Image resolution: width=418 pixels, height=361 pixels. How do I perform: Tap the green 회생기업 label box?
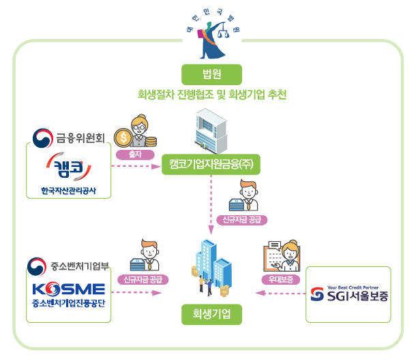tap(211, 315)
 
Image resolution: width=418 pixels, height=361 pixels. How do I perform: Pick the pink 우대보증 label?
tap(280, 279)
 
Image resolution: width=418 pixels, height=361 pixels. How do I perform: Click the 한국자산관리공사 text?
tap(69, 190)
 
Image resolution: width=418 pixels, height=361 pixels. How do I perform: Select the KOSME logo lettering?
tap(69, 288)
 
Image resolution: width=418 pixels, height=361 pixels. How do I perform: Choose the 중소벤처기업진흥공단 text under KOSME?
tap(69, 302)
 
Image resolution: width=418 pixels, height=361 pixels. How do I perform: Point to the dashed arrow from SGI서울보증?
tap(280, 294)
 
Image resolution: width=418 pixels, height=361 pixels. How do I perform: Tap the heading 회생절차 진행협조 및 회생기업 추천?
tap(211, 95)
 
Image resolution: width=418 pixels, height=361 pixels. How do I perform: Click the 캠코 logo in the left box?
tap(68, 167)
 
